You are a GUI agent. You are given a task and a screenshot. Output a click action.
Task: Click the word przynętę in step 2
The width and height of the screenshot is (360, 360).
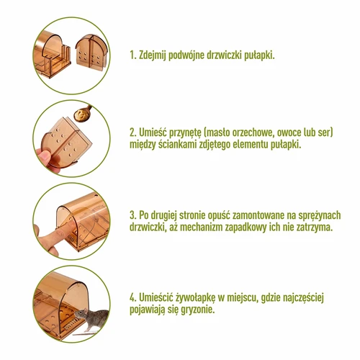188,133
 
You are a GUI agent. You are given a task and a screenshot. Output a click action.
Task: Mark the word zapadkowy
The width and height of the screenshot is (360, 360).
271,227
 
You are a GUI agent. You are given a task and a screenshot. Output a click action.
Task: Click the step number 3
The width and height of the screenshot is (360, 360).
132,215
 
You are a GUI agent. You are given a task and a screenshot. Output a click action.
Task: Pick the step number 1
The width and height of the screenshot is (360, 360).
132,55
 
